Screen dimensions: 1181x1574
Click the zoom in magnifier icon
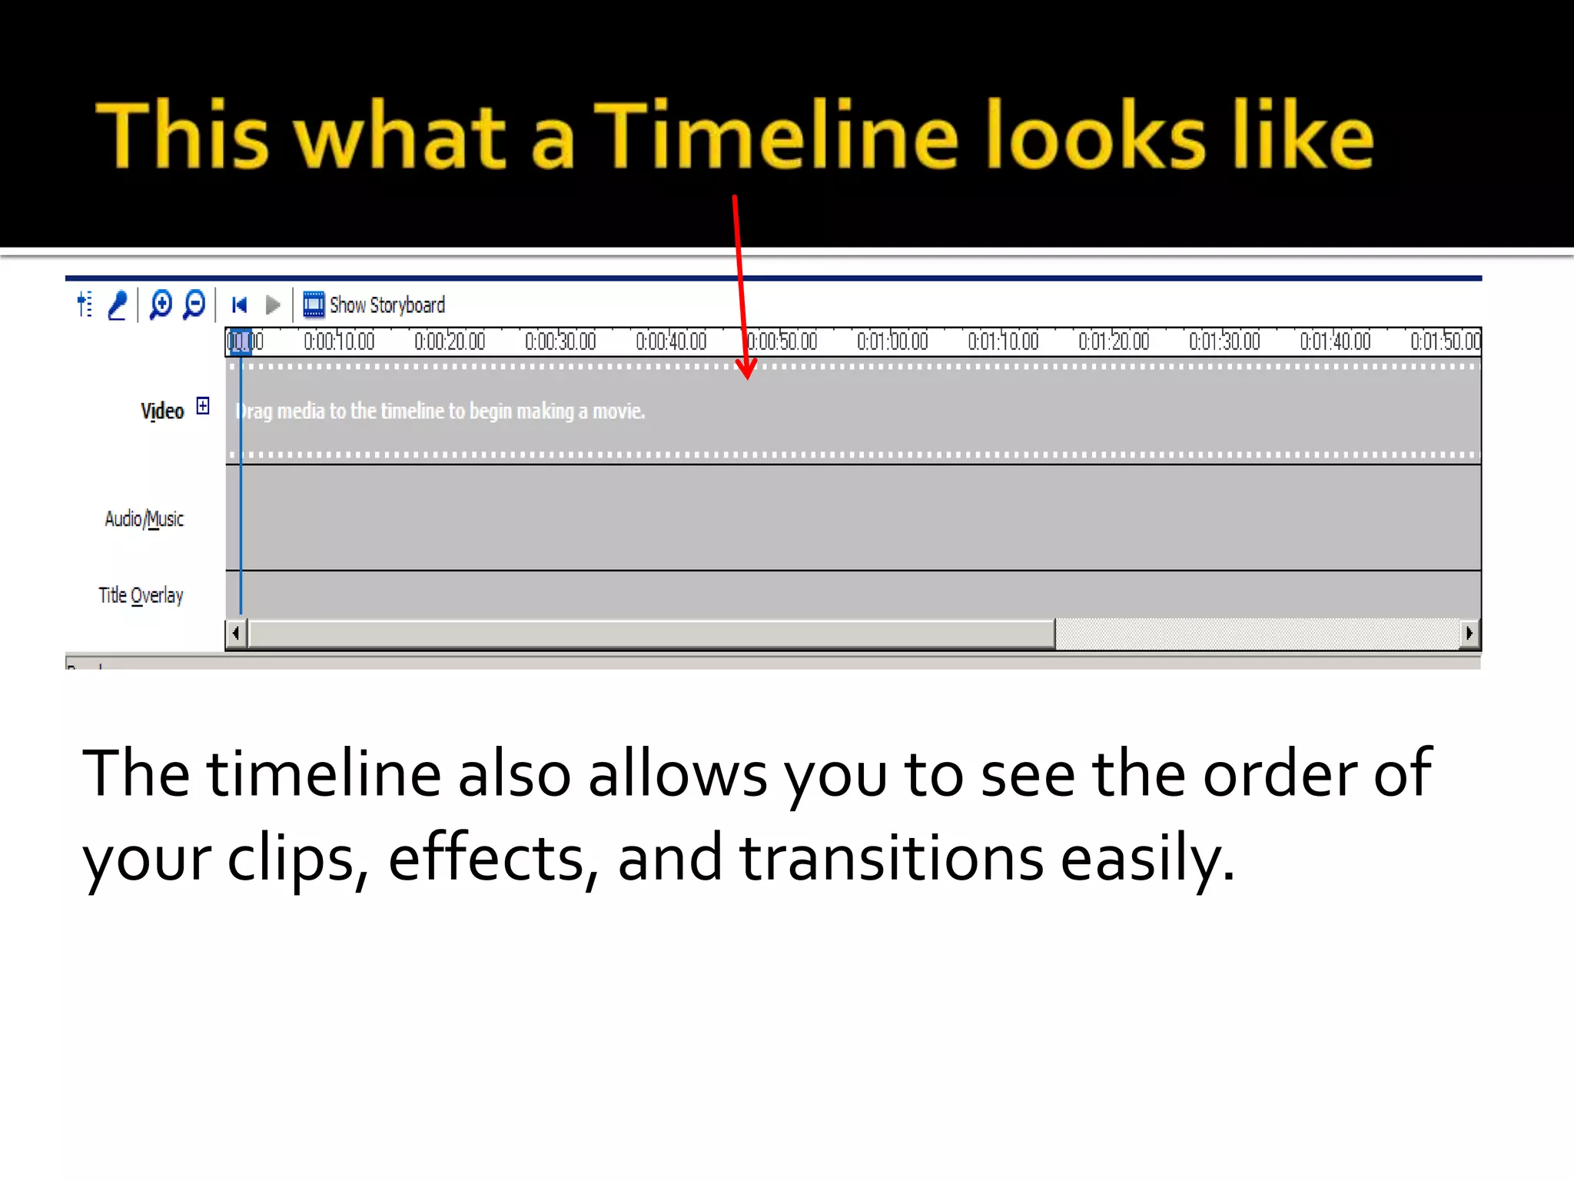(x=161, y=304)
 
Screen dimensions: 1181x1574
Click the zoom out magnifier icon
(x=194, y=304)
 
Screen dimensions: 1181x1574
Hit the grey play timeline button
(x=272, y=305)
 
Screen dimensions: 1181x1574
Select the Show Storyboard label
(x=387, y=305)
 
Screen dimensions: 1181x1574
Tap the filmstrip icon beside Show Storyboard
(x=314, y=305)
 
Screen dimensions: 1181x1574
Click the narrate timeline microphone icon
(x=118, y=305)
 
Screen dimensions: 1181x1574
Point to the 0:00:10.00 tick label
(x=339, y=341)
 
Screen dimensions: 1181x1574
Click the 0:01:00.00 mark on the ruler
(x=892, y=341)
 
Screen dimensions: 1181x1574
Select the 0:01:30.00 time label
(x=1224, y=341)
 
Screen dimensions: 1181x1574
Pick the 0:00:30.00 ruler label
(x=560, y=341)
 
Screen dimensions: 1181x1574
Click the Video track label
(x=162, y=411)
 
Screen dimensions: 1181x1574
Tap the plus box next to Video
(x=203, y=405)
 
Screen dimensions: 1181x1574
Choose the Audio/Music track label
(x=144, y=519)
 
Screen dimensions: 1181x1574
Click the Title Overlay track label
(x=141, y=595)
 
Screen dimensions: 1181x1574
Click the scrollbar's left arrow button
(x=236, y=634)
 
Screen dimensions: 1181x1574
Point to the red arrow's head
(x=746, y=372)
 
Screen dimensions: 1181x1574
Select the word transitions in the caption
(x=892, y=858)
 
